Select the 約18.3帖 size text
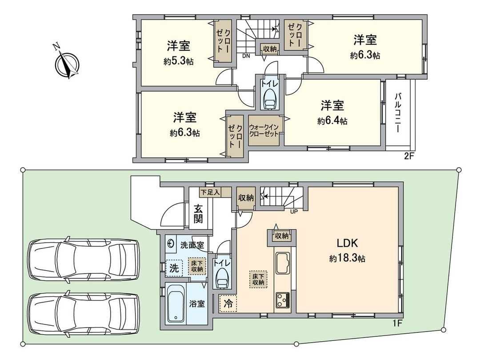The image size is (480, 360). [347, 258]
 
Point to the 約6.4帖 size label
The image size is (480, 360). [332, 120]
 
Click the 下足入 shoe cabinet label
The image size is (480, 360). [209, 192]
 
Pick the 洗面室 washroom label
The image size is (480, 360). [192, 244]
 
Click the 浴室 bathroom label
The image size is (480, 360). [197, 304]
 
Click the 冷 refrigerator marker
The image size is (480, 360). [228, 304]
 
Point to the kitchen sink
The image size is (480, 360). [283, 263]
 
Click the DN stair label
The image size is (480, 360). [246, 56]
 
